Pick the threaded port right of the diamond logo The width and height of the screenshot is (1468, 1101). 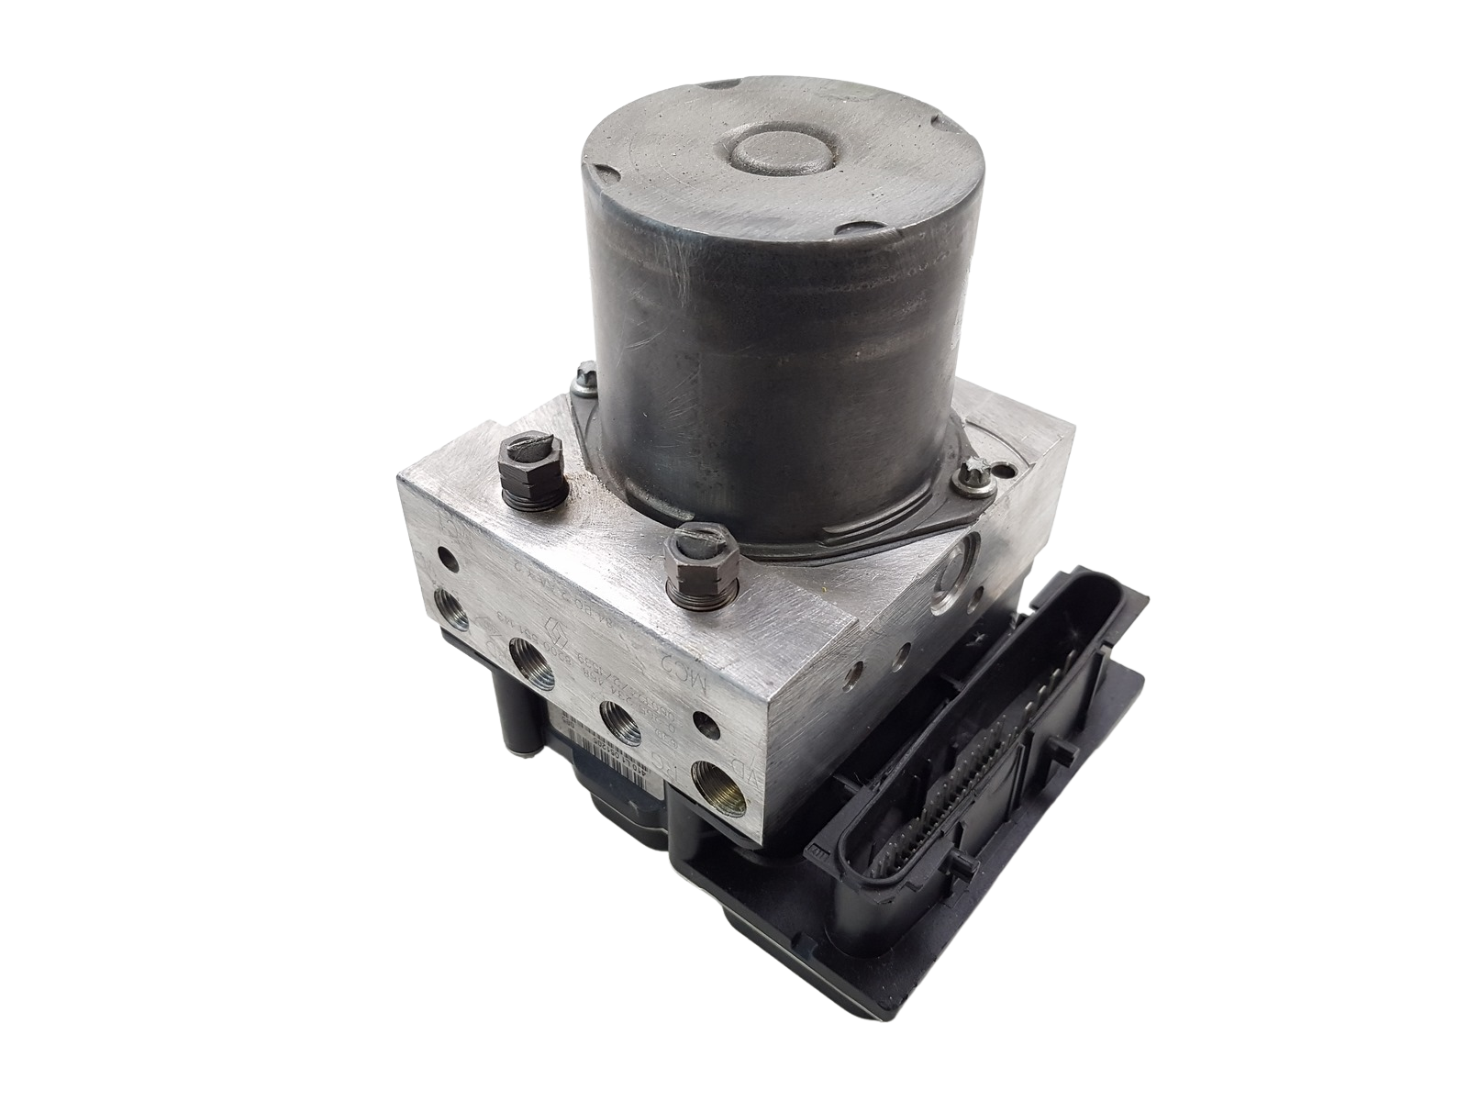[530, 661]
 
